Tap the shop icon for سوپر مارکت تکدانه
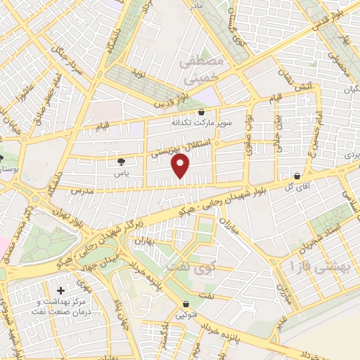[x=202, y=112]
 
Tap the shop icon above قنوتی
[x=186, y=304]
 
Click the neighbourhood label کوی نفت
[x=181, y=268]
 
